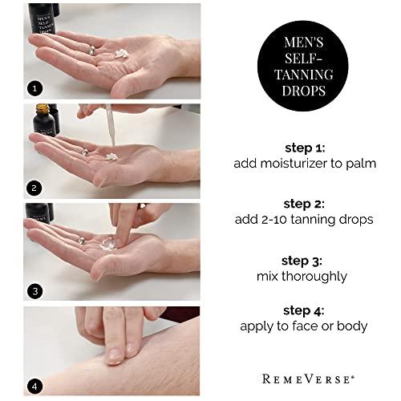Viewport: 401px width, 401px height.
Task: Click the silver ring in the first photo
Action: pos(91,50)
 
